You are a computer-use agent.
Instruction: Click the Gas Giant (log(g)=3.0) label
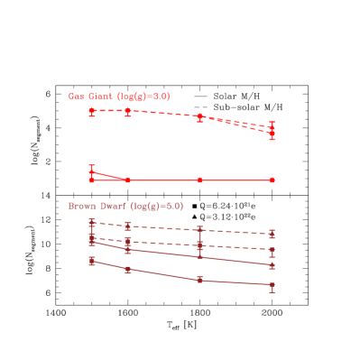click(x=119, y=96)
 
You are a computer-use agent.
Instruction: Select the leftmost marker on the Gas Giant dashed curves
click(x=92, y=111)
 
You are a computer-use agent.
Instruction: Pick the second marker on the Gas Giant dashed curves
click(x=128, y=111)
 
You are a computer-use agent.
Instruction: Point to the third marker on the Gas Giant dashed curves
click(x=199, y=116)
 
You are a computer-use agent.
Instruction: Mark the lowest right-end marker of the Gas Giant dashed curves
click(x=272, y=135)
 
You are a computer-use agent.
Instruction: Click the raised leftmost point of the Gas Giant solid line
click(x=92, y=171)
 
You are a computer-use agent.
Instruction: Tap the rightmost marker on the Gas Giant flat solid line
click(x=272, y=180)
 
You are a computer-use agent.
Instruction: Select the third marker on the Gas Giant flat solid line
click(x=199, y=180)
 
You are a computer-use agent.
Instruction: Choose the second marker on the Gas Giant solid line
click(x=128, y=180)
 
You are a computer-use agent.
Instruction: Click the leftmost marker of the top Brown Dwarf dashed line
click(x=92, y=221)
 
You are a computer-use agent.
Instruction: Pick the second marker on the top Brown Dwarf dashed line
click(x=128, y=226)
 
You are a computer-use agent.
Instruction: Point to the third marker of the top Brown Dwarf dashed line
click(x=199, y=230)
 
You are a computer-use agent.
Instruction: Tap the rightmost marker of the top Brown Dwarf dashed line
click(x=272, y=235)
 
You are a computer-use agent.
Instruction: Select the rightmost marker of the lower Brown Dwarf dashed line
click(x=272, y=251)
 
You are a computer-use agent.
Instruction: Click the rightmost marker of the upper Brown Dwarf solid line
click(x=272, y=265)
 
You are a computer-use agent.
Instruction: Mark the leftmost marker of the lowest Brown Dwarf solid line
click(x=92, y=261)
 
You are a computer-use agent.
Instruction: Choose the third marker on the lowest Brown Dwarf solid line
click(x=199, y=280)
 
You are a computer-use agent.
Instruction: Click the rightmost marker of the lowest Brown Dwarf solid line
click(x=272, y=287)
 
